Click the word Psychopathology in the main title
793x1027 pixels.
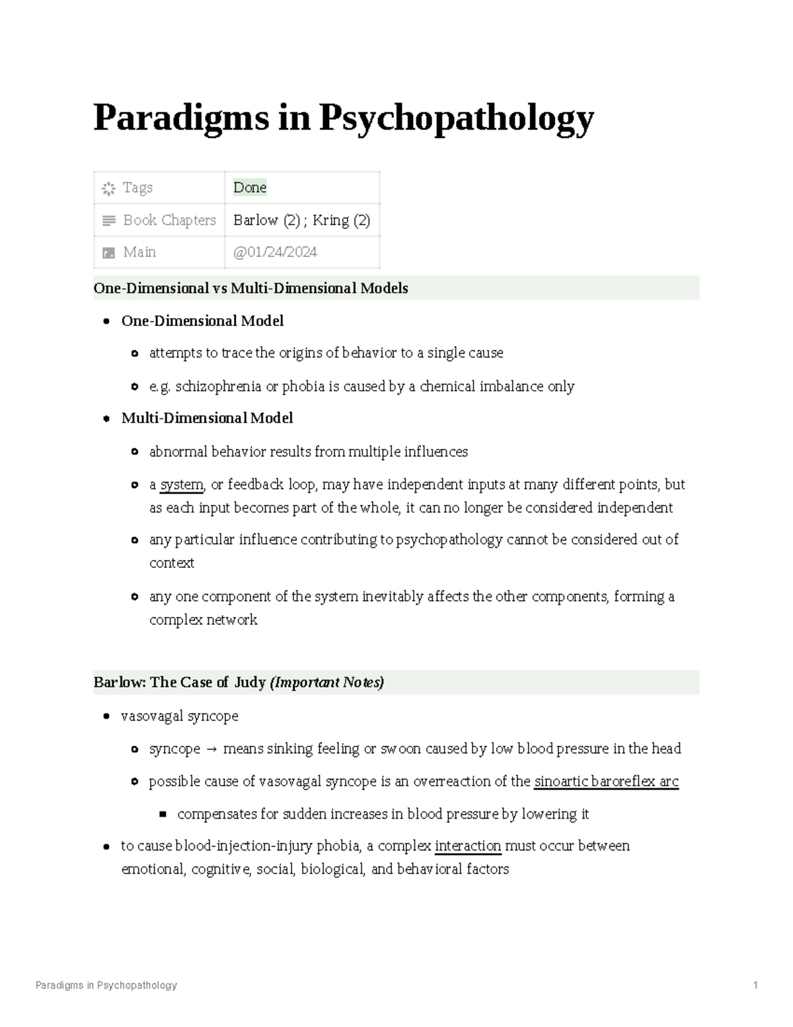[457, 119]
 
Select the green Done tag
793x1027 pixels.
[250, 188]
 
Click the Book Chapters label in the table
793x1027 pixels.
[169, 220]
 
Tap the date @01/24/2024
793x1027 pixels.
[275, 252]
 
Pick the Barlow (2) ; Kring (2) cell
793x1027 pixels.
[301, 220]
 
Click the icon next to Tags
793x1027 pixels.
[108, 188]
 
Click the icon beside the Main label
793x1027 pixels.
[108, 253]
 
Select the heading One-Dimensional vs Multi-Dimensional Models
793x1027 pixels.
[251, 288]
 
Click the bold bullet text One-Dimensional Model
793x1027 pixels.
[202, 321]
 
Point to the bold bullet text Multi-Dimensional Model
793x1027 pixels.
[207, 418]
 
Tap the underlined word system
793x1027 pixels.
[182, 485]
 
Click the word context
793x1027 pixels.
[171, 563]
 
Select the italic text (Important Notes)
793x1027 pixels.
[327, 682]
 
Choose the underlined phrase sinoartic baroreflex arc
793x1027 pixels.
[606, 782]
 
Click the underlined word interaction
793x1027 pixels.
[468, 846]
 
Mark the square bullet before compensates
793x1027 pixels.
[163, 814]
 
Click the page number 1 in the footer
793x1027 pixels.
[755, 985]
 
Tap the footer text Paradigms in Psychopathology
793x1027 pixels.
[106, 985]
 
